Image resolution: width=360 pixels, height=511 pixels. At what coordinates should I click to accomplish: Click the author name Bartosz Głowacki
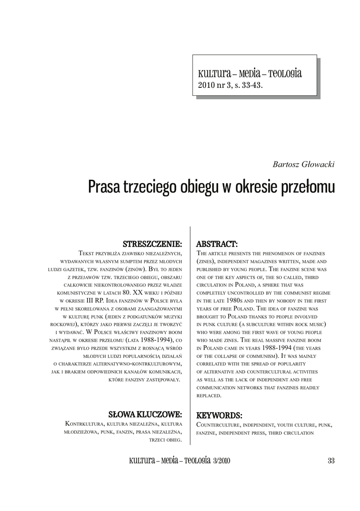(x=304, y=165)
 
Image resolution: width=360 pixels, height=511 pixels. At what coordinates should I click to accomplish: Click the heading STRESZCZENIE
(x=152, y=244)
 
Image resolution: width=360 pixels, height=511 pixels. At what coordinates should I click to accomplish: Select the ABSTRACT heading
(x=217, y=244)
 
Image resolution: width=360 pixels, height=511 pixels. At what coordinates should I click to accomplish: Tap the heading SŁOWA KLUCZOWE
(x=145, y=414)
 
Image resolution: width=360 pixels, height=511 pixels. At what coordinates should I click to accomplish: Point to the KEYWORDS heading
(x=220, y=415)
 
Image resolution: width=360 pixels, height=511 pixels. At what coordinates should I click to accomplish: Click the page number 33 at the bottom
(x=331, y=460)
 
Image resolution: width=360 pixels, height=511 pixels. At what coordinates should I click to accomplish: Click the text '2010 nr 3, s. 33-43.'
(x=230, y=85)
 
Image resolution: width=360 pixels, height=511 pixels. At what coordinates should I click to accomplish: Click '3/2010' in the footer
(x=221, y=460)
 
